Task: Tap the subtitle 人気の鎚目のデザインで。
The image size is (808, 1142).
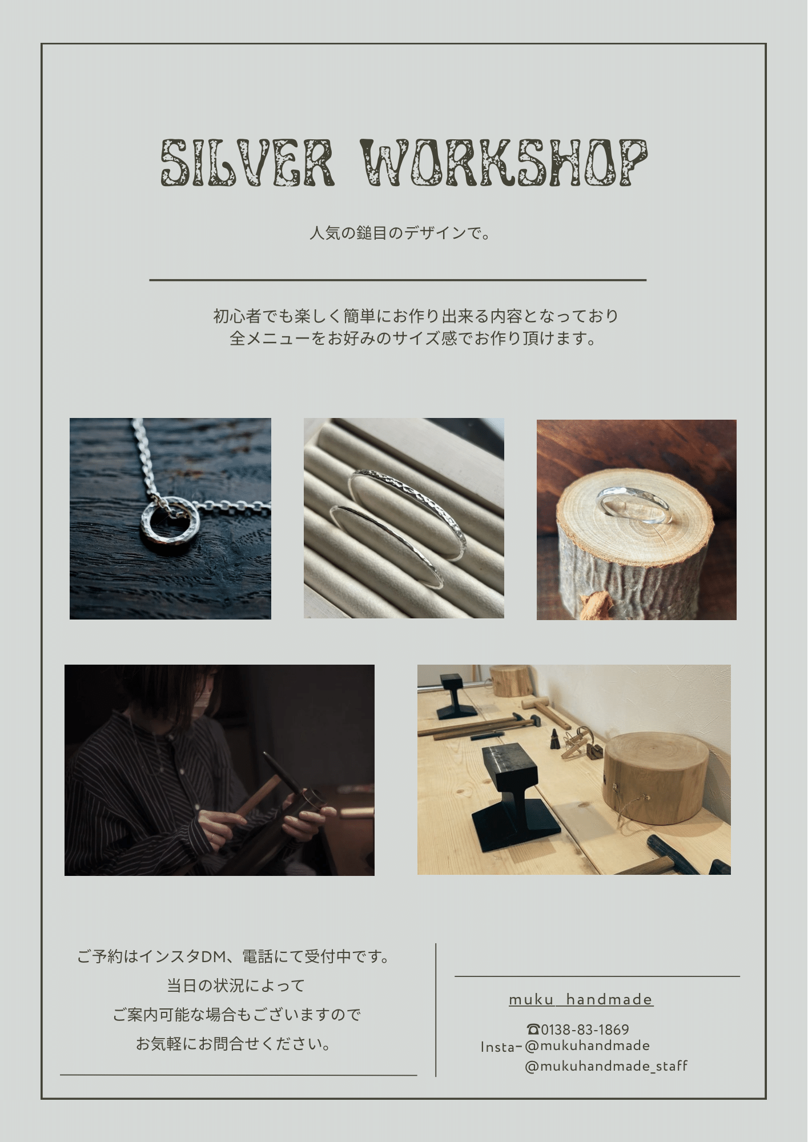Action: tap(400, 234)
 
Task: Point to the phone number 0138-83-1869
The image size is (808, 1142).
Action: tap(585, 1030)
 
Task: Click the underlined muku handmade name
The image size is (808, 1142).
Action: tap(581, 999)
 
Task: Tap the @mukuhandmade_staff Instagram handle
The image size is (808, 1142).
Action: tap(606, 1066)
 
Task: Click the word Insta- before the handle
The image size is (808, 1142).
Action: tap(501, 1047)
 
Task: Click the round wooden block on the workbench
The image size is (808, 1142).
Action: tap(657, 779)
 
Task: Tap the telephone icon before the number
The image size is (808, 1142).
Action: tap(533, 1030)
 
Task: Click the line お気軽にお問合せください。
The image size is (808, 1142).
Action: tap(234, 1044)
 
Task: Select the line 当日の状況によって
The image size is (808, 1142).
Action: tap(236, 986)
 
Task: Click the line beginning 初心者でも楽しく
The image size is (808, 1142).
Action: tap(416, 316)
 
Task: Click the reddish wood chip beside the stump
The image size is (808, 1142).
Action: tap(595, 603)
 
